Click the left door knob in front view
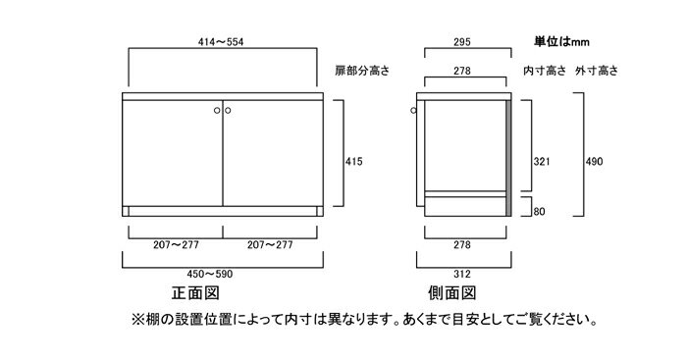point(217,111)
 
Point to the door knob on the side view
point(412,111)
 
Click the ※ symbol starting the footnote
point(137,321)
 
